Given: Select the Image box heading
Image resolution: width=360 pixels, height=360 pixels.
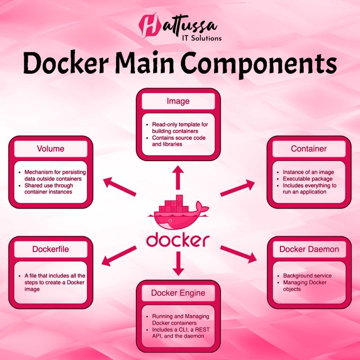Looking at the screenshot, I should coord(178,102).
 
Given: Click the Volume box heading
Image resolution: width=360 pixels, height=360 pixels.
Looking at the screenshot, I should coord(50,148).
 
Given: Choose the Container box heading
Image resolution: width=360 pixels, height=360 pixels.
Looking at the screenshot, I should coord(309,148).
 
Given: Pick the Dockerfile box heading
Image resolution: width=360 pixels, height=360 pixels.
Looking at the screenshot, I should coord(50,249).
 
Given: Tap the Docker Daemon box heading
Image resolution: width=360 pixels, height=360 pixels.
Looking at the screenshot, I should coord(309,249).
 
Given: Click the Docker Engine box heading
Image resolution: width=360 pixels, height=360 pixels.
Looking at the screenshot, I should coord(178,293).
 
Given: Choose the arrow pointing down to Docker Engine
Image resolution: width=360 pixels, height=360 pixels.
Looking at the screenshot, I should coord(178,263).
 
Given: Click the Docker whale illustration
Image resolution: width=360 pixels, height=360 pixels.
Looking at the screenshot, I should coord(178,214).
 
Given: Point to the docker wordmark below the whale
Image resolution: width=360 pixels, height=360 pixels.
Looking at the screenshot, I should coord(178,239).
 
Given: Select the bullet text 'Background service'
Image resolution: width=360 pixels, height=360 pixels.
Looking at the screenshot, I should coord(307,275).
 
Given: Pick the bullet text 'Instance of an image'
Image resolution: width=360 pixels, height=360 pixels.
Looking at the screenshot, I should coord(308,172).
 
